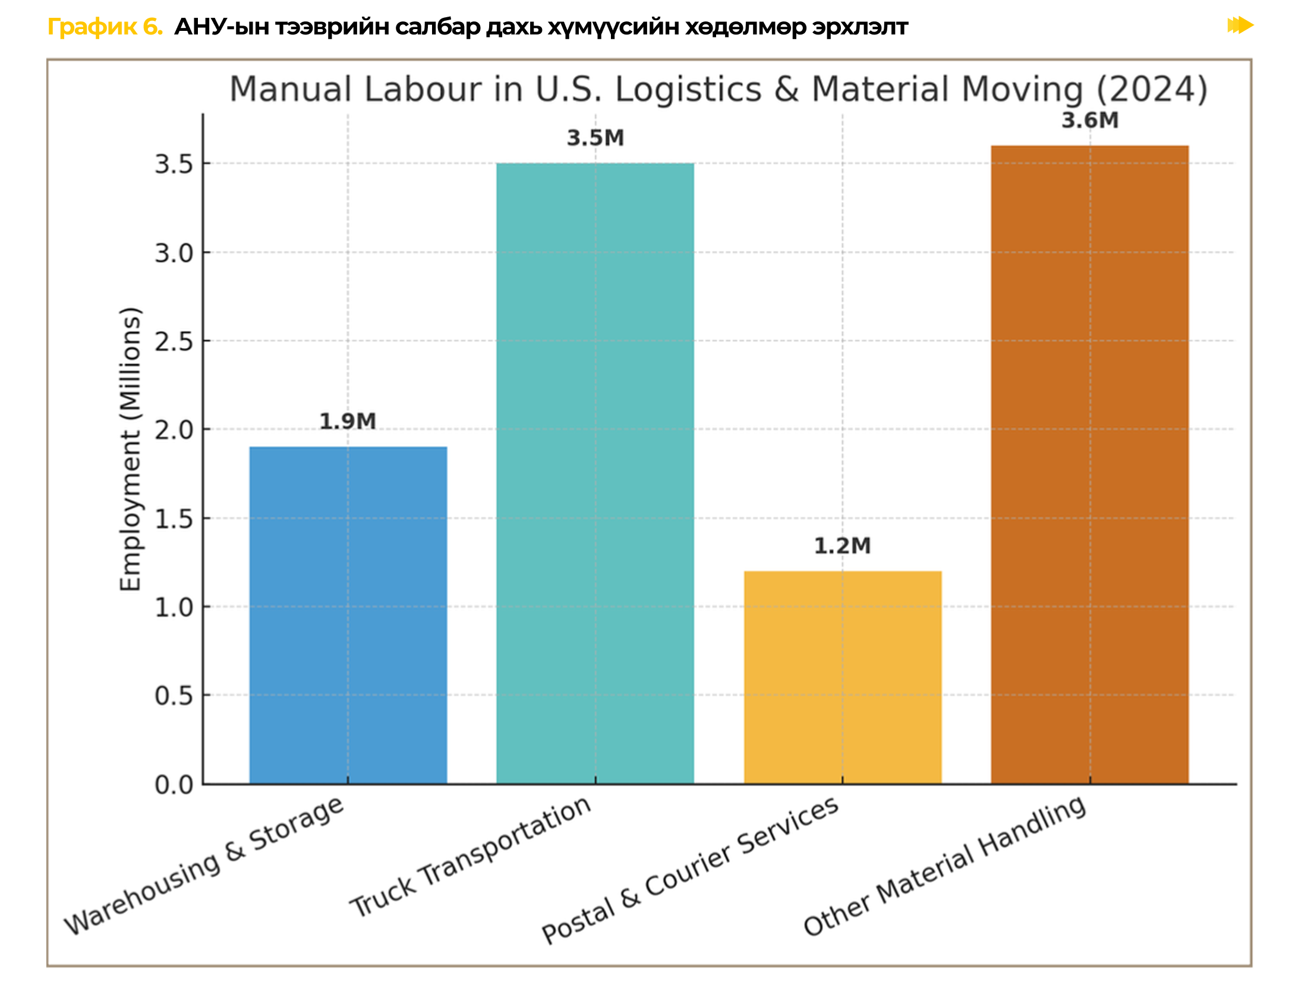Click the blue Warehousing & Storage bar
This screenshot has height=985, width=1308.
(348, 615)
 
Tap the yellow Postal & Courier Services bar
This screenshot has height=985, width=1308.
(842, 677)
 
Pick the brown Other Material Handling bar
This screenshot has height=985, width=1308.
(1089, 464)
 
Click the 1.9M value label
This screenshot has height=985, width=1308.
(348, 421)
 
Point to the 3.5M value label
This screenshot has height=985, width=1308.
(595, 138)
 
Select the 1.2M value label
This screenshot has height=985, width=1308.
(842, 545)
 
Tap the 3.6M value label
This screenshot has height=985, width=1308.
(1089, 120)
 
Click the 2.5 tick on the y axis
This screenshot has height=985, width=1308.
(174, 342)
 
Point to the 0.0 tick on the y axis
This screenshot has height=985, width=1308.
(174, 785)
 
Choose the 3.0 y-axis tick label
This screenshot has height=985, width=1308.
(174, 253)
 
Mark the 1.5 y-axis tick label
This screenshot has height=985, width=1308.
(174, 519)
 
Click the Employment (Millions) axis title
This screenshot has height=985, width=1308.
(130, 449)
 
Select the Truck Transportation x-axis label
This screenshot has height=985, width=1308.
(470, 856)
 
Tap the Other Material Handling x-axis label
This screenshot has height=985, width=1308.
(944, 864)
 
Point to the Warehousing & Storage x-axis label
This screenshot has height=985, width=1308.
(204, 865)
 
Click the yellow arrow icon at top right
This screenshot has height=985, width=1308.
(1240, 26)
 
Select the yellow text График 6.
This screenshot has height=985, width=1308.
(105, 27)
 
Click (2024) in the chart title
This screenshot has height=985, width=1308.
(1151, 89)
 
